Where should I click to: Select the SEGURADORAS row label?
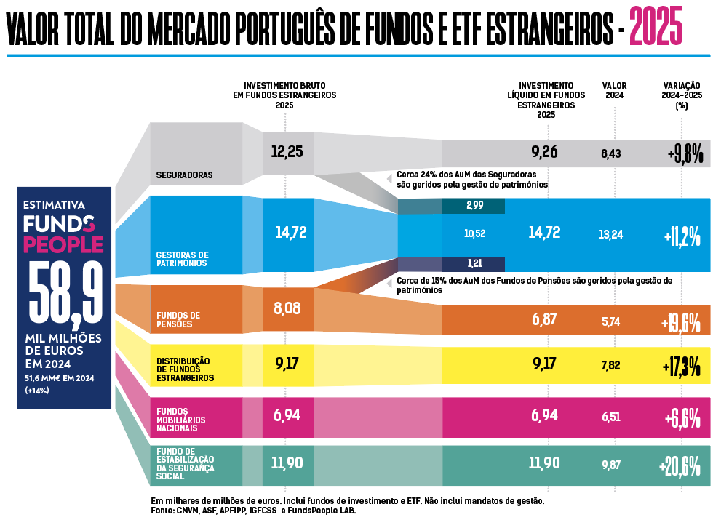pyautogui.click(x=184, y=175)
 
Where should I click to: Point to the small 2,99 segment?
pyautogui.click(x=474, y=206)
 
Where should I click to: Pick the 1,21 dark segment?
pyautogui.click(x=474, y=263)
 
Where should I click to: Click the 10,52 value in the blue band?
pyautogui.click(x=474, y=233)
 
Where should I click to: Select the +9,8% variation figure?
pyautogui.click(x=684, y=154)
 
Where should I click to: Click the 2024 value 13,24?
pyautogui.click(x=611, y=233)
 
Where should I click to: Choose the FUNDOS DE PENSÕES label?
pyautogui.click(x=175, y=319)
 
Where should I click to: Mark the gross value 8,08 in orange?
pyautogui.click(x=287, y=308)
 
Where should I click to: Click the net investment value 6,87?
pyautogui.click(x=544, y=319)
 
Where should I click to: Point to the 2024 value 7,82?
pyautogui.click(x=610, y=365)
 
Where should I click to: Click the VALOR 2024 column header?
pyautogui.click(x=614, y=90)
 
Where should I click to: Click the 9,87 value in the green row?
pyautogui.click(x=610, y=465)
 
